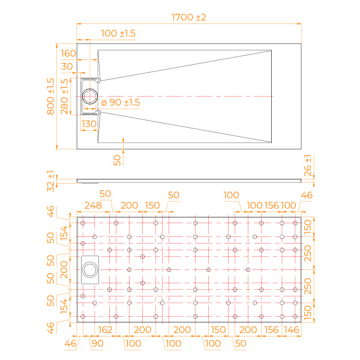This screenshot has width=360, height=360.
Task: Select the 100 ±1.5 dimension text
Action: (118, 34)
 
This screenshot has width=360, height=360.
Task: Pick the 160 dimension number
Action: (68, 54)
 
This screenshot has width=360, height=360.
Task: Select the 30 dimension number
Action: (67, 67)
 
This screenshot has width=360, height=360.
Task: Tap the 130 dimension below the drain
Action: (89, 124)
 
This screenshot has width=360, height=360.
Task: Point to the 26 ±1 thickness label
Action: (308, 166)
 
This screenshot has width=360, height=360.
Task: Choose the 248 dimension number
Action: (92, 205)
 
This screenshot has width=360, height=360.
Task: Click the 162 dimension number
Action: (105, 329)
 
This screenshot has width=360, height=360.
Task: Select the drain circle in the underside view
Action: (92, 269)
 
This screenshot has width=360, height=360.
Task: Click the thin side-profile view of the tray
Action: (189, 178)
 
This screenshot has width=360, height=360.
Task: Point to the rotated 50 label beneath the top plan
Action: (118, 159)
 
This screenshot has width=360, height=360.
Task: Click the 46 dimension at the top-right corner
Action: (307, 194)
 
